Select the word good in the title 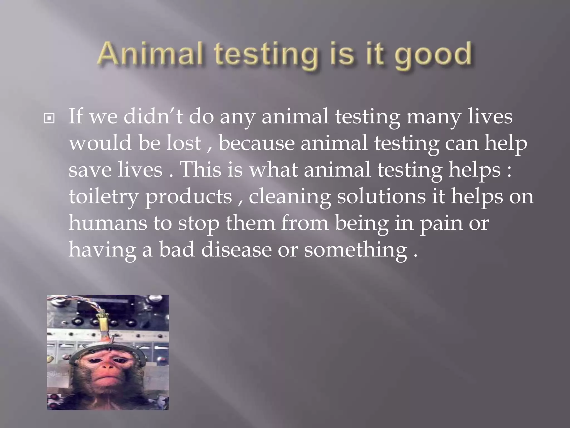coord(433,56)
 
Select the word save coord(90,170)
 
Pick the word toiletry coord(103,197)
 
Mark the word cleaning coord(289,197)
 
